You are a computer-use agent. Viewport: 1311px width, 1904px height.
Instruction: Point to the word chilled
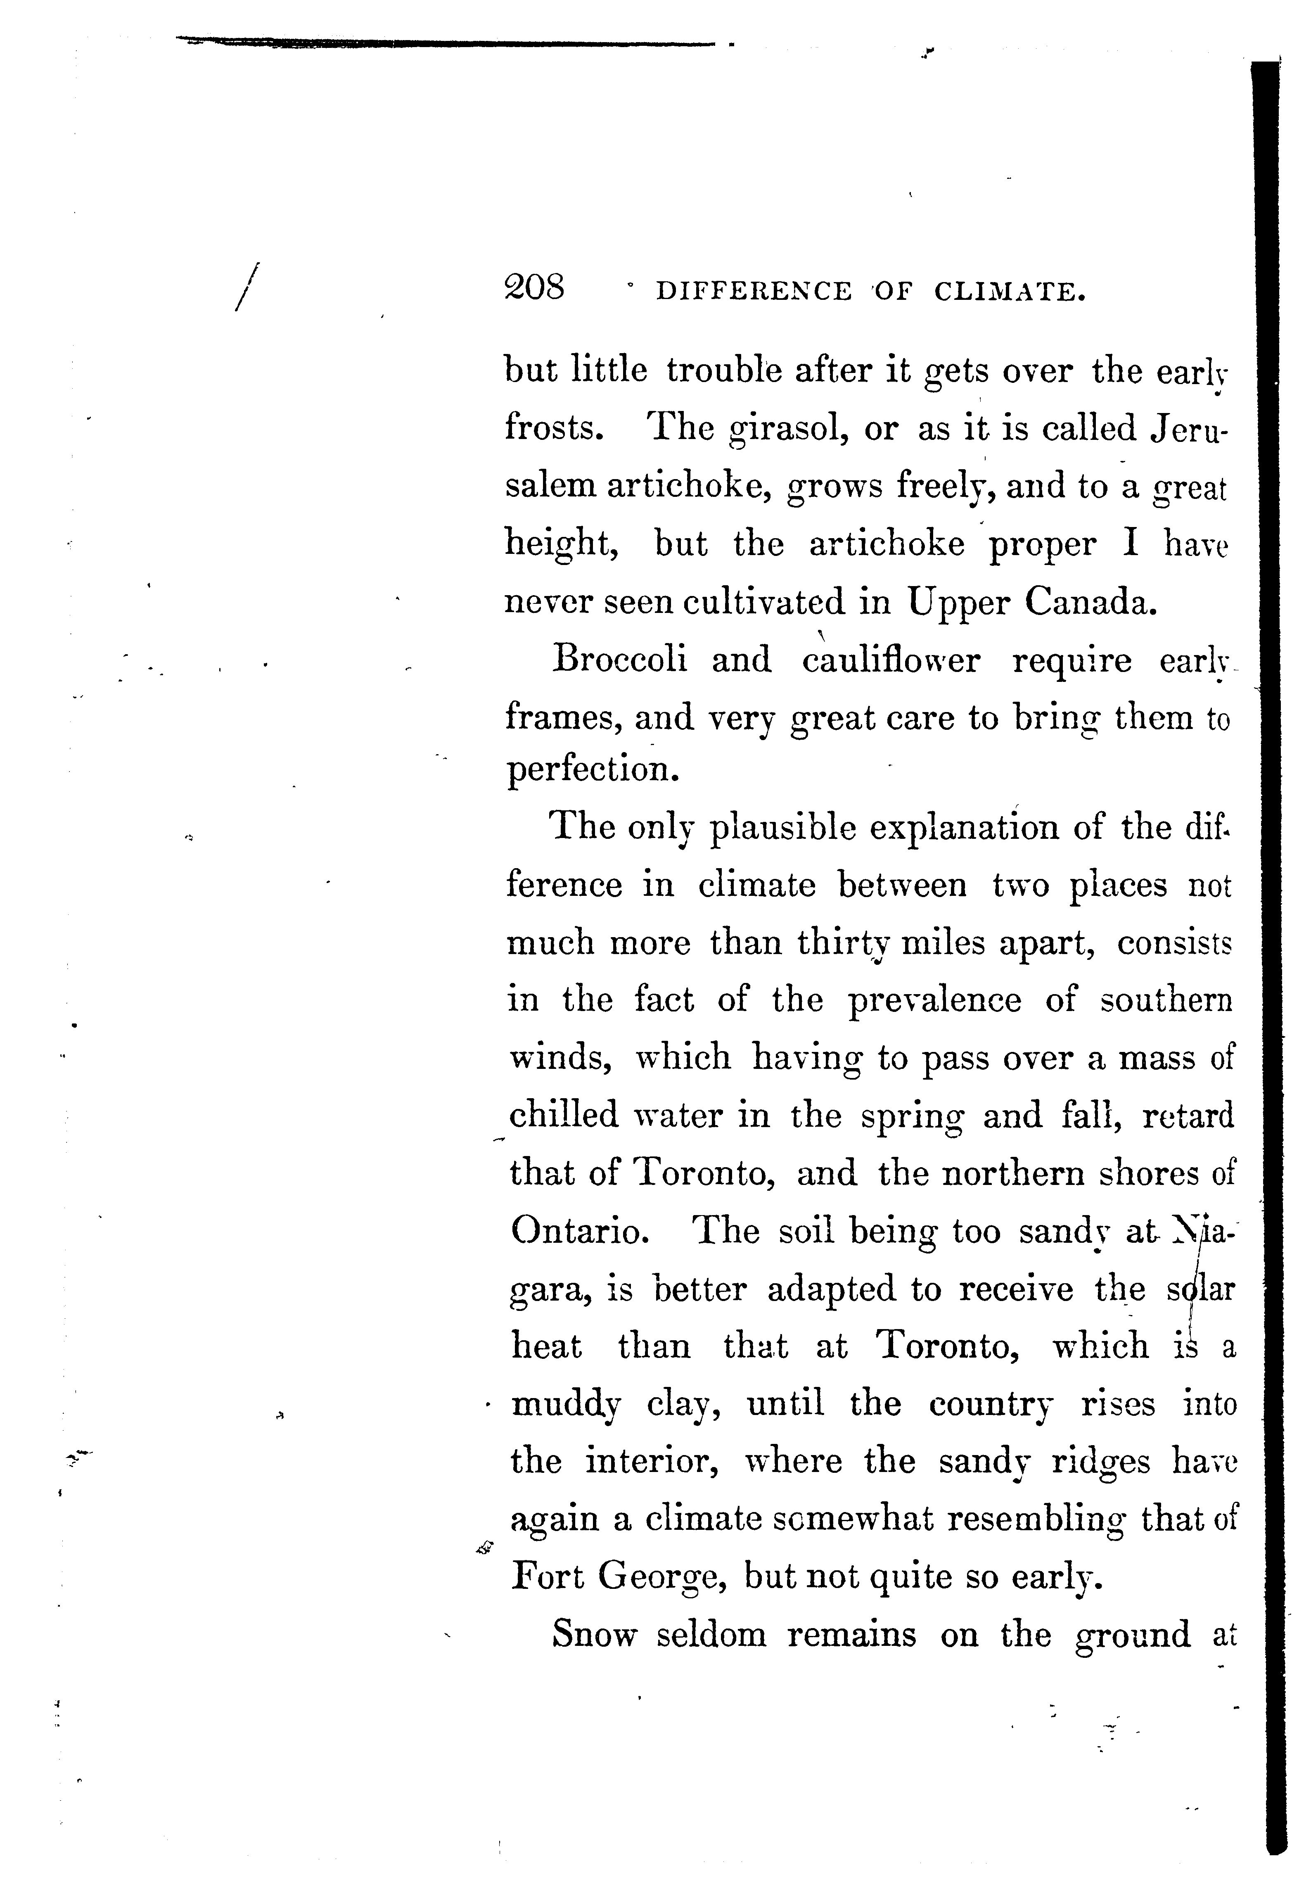(x=564, y=1116)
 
